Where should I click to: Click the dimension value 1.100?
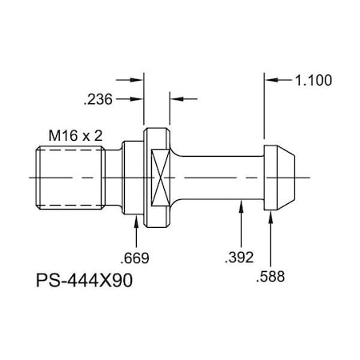click(314, 81)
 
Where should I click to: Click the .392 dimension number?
click(240, 257)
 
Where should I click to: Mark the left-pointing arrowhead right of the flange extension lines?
click(175, 99)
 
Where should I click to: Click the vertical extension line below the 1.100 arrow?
click(265, 112)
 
